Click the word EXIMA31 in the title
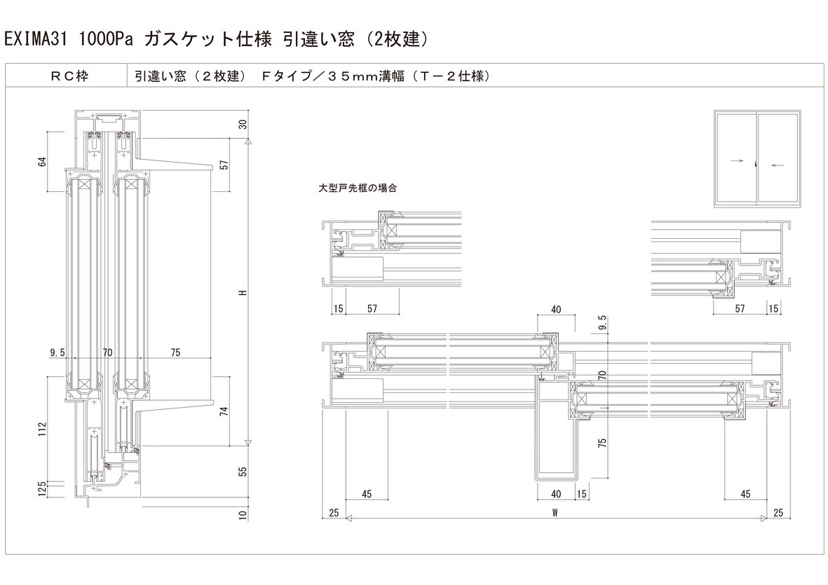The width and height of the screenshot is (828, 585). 35,39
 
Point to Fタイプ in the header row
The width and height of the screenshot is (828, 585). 287,76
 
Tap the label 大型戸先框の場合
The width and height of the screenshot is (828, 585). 358,188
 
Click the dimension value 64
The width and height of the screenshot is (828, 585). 42,162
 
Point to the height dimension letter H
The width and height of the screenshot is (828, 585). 243,293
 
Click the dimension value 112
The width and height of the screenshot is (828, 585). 42,427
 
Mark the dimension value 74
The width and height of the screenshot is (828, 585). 224,411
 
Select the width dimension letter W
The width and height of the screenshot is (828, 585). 555,514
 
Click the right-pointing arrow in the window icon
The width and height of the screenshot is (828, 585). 736,160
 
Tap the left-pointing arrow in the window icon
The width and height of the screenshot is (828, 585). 777,165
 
